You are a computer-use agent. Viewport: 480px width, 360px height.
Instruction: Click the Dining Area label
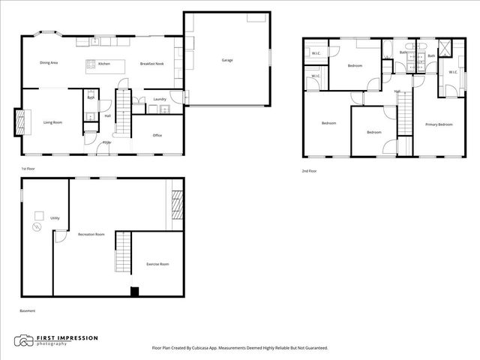click(49, 63)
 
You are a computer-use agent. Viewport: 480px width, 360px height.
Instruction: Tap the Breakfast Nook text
click(151, 64)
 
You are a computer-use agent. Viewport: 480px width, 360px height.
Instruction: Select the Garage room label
click(226, 60)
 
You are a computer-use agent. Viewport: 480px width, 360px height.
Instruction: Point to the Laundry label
click(159, 99)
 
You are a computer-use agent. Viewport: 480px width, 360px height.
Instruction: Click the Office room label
click(157, 135)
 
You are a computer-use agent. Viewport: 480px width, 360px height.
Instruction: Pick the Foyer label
click(107, 142)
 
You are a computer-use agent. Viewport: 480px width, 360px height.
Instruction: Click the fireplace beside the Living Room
click(19, 122)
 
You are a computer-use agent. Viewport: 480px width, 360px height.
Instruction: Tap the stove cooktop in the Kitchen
click(91, 64)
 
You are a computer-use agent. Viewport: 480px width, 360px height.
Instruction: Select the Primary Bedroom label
click(439, 124)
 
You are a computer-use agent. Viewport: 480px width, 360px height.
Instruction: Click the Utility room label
click(55, 217)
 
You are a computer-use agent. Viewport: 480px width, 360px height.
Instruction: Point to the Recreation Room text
click(91, 235)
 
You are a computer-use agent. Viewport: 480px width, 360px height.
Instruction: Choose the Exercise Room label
click(157, 264)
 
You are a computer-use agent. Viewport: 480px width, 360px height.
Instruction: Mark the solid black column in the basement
click(134, 292)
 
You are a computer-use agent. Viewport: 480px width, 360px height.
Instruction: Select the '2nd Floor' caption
click(308, 171)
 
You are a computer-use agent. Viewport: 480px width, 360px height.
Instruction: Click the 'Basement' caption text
click(28, 310)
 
